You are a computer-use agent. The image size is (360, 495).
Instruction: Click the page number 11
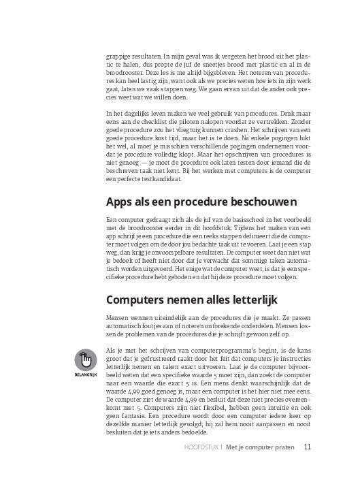coord(308,467)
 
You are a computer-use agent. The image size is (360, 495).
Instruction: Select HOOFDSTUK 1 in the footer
coord(204,468)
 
